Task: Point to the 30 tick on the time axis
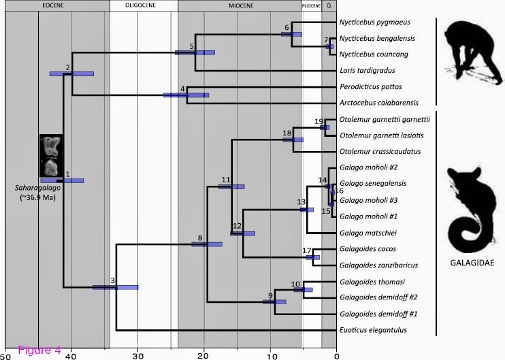(x=137, y=355)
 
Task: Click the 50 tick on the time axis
(x=5, y=355)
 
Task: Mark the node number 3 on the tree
(x=113, y=280)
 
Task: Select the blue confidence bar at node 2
(x=71, y=73)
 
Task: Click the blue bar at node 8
(x=207, y=244)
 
